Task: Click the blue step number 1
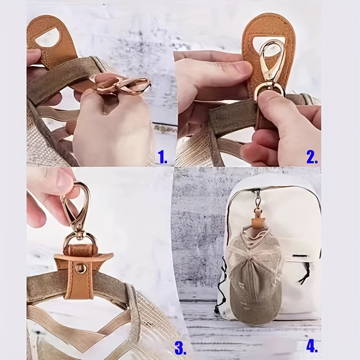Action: pos(162,157)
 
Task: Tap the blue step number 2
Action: pos(312,157)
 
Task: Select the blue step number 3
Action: pos(180,347)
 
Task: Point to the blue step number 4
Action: pos(312,346)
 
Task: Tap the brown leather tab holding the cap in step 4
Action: pos(257,221)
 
